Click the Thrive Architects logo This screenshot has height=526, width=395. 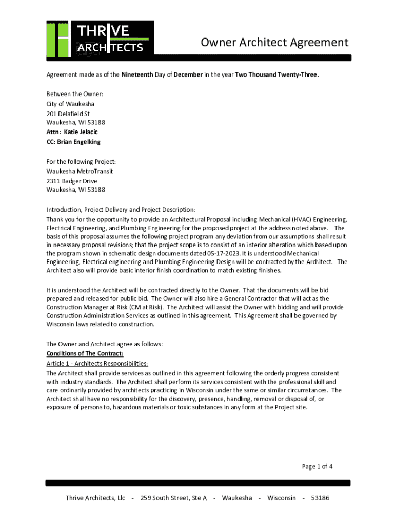(x=100, y=39)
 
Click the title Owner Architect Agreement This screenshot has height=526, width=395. (x=274, y=43)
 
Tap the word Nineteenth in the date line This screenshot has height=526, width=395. (x=137, y=74)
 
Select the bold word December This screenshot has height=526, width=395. (x=188, y=74)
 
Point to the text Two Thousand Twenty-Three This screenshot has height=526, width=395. (x=276, y=74)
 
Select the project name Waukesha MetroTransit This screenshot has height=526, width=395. (x=80, y=171)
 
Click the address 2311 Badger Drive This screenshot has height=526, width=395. (x=71, y=181)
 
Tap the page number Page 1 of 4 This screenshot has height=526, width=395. (x=317, y=466)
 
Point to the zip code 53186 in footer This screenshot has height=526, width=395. (x=320, y=498)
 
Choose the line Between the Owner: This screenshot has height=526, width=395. (x=75, y=94)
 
